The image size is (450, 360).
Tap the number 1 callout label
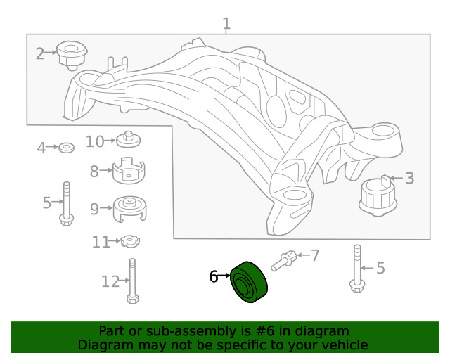coord(226,25)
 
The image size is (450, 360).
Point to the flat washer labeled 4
coord(67,148)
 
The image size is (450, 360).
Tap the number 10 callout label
coord(94,141)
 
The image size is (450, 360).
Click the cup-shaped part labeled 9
coord(131,207)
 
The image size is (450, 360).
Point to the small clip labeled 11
coord(128,242)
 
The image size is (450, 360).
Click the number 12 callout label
coord(110,281)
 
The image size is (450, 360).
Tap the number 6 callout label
coord(214,277)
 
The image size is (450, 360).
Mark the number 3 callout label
coord(409,179)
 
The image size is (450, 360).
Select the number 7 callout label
coord(314,255)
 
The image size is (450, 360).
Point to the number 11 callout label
coord(101,242)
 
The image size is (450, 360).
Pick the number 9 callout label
coord(94,207)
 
